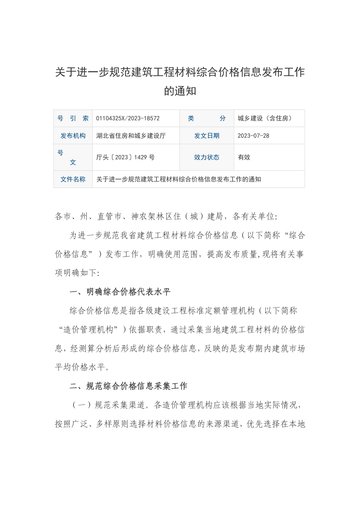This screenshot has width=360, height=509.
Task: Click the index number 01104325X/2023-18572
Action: (128, 119)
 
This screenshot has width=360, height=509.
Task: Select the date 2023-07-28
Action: (254, 136)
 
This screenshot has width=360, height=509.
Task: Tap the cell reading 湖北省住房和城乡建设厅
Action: (131, 136)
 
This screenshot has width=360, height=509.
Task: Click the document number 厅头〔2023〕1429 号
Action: (125, 157)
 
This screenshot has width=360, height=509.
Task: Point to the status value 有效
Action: (244, 157)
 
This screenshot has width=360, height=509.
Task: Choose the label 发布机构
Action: (73, 136)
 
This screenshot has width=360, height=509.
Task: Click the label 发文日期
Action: (207, 136)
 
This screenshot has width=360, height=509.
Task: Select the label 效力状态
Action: (207, 157)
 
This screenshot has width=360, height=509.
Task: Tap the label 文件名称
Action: (73, 180)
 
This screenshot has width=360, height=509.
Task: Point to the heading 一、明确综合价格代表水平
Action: (121, 292)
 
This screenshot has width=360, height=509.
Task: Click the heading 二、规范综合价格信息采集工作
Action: (129, 386)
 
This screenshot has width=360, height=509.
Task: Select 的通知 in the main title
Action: (180, 91)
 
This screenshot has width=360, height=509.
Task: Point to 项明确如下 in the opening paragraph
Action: (76, 273)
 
